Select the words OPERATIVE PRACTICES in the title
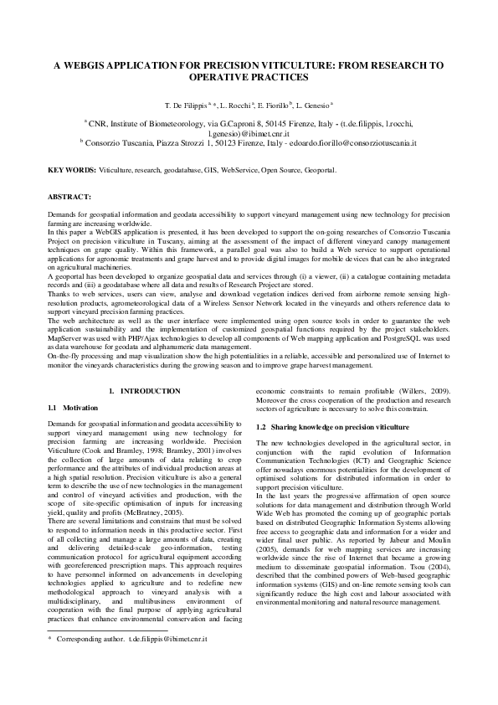click(x=249, y=76)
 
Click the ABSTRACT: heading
click(x=69, y=198)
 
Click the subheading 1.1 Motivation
click(x=74, y=407)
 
